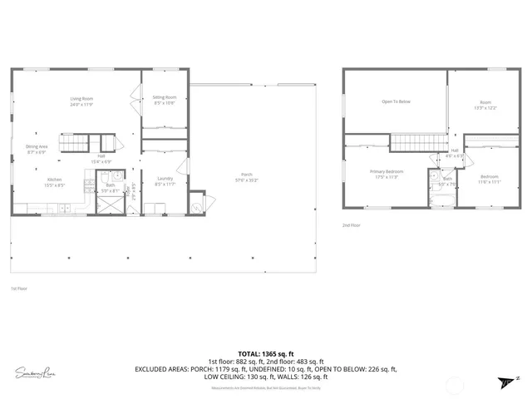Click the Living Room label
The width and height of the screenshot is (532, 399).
tap(81, 102)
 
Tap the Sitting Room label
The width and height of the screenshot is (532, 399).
tap(165, 100)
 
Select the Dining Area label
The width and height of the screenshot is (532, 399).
tap(37, 150)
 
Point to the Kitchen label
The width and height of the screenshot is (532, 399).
tap(54, 182)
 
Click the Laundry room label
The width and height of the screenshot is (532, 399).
tap(165, 181)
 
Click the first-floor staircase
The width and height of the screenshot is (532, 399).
tap(73, 144)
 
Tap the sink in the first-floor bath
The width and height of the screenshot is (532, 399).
tap(118, 177)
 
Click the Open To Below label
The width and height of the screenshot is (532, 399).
tap(396, 101)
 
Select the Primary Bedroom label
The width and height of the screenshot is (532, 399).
tap(386, 175)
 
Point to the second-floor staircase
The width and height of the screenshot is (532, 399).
tap(418, 142)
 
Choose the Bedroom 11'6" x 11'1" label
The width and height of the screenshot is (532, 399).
tap(490, 179)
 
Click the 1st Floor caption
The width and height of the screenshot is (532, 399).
tap(20, 288)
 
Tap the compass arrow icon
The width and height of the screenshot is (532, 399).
tap(505, 382)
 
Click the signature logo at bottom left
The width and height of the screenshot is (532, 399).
tap(37, 372)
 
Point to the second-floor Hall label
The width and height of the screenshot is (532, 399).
tap(455, 153)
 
